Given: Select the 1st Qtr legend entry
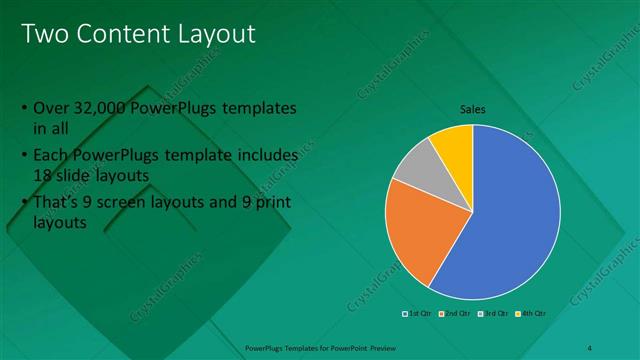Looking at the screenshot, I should click(417, 314).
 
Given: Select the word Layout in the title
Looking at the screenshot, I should click(213, 35).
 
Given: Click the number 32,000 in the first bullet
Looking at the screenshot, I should click(102, 108).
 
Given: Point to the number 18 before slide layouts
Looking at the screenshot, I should click(44, 174).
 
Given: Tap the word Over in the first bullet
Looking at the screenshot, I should click(51, 108).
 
